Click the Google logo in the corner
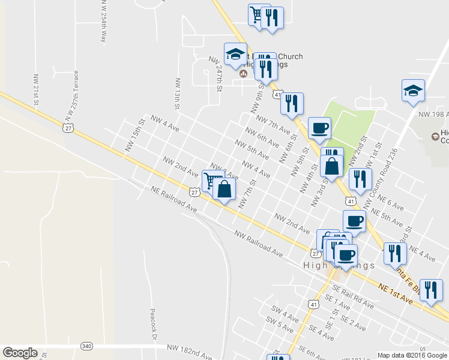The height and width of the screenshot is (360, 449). pyautogui.click(x=20, y=353)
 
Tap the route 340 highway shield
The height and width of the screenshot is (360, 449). pyautogui.click(x=87, y=346)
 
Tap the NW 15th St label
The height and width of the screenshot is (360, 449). pyautogui.click(x=136, y=134)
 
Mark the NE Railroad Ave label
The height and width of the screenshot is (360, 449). pyautogui.click(x=173, y=200)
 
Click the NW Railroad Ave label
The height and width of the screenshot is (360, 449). pyautogui.click(x=258, y=244)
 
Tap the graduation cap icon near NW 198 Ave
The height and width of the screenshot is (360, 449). pyautogui.click(x=413, y=91)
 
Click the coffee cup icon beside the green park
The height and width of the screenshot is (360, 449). pyautogui.click(x=319, y=127)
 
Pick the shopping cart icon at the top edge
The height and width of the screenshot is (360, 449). pyautogui.click(x=258, y=14)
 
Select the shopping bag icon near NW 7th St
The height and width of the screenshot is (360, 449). pyautogui.click(x=224, y=189)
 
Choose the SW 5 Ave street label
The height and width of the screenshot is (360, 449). pyautogui.click(x=281, y=325)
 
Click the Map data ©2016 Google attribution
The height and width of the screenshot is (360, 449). pyautogui.click(x=412, y=355)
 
